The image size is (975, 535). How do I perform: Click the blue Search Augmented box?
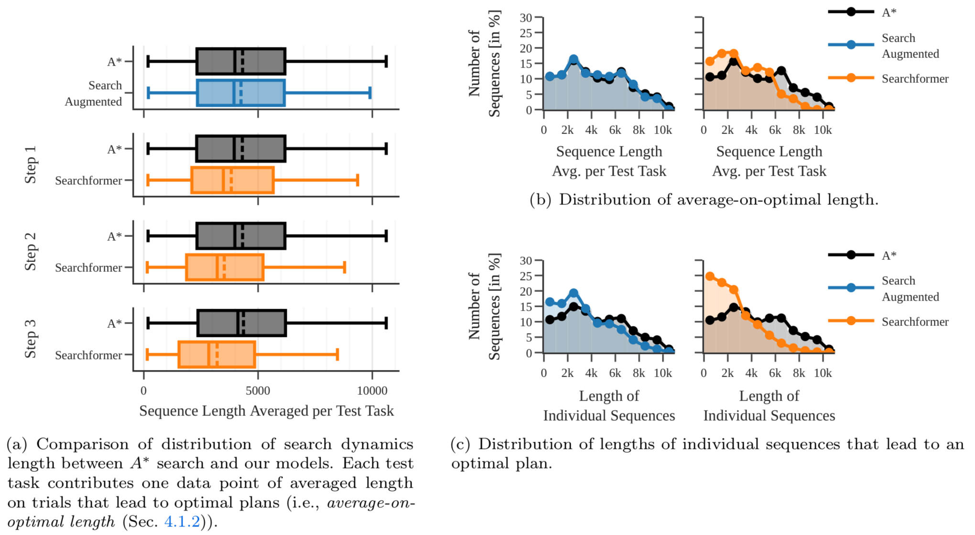241,93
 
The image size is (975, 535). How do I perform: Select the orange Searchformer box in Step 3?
217,355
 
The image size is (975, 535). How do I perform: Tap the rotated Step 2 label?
31,252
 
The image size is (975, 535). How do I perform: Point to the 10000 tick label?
372,391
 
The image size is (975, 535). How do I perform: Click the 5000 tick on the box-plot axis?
258,391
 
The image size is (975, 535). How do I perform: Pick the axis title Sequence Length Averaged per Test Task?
266,411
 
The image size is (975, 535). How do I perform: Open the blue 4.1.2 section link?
182,521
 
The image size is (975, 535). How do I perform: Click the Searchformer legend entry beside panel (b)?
915,79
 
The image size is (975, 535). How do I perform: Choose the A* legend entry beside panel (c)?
888,256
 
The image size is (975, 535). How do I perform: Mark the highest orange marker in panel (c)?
710,277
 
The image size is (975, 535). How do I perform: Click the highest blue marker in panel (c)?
574,293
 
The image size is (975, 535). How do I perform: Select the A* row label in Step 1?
114,149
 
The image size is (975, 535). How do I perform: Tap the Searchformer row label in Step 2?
88,267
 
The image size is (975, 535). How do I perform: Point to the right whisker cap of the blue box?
370,93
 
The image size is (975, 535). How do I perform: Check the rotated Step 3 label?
31,339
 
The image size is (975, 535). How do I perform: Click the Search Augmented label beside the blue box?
94,93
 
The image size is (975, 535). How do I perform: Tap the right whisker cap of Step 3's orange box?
337,355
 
